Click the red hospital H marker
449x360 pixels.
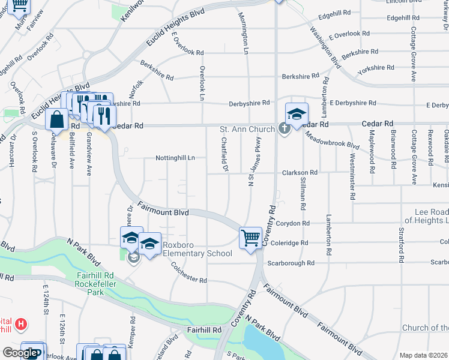(x=22, y=325)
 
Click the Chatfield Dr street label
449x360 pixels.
(x=224, y=155)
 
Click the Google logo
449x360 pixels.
(x=20, y=353)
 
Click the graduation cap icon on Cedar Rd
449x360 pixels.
(x=297, y=113)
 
